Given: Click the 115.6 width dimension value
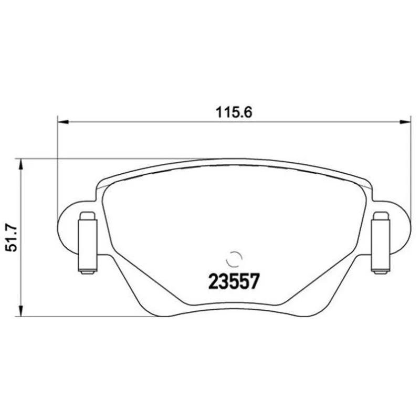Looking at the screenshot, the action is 234,113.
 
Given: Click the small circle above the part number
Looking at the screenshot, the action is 234,259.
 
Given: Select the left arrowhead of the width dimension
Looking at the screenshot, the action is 63,122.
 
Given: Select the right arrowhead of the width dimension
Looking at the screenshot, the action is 405,122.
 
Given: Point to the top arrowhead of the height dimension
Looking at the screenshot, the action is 20,164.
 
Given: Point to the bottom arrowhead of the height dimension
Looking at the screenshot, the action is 20,311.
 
